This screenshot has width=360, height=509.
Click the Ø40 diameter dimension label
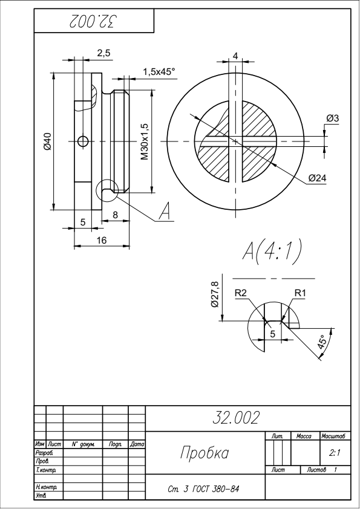point(47,141)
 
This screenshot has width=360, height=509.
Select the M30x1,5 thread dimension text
point(145,141)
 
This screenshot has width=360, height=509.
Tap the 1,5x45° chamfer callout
point(159,72)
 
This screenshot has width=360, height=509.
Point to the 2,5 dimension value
point(104,53)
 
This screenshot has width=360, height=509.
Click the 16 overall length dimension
point(102,240)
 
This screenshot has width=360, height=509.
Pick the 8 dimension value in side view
point(116,215)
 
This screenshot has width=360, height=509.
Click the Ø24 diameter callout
point(318,178)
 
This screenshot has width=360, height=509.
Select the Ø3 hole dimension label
point(332,118)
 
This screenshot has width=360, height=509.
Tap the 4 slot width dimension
point(235,56)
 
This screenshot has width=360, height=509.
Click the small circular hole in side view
point(83,141)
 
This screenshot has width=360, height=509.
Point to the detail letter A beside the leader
point(165,212)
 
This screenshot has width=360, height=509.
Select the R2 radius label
point(241,293)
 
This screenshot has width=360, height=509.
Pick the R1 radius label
point(300,293)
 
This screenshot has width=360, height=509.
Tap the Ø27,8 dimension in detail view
point(215,294)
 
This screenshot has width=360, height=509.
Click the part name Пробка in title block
point(205,453)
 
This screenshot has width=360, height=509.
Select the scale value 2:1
point(335,453)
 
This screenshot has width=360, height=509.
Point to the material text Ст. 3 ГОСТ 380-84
point(204,489)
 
